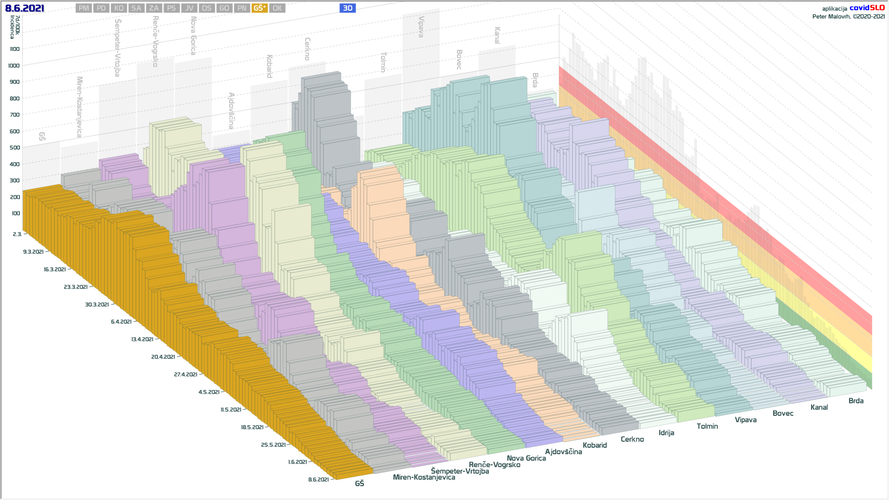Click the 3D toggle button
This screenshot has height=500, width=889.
click(347, 8)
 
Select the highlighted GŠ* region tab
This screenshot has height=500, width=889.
click(260, 8)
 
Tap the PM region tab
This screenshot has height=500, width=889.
click(84, 8)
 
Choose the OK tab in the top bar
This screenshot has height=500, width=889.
click(277, 8)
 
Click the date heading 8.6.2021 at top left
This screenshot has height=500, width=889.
click(25, 8)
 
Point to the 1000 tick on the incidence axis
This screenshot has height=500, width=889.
click(14, 66)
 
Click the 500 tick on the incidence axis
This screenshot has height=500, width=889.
click(15, 148)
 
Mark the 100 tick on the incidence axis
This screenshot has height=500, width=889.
click(16, 213)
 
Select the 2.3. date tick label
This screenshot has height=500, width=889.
click(17, 234)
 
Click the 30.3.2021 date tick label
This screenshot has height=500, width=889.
click(97, 305)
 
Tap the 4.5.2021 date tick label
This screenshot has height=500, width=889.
click(209, 392)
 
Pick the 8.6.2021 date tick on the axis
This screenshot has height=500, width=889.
click(319, 480)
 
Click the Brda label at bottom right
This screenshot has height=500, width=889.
click(856, 401)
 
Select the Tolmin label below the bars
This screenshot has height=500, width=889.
click(707, 426)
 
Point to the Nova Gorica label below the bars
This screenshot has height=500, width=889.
click(526, 458)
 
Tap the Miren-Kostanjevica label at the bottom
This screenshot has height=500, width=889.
click(424, 477)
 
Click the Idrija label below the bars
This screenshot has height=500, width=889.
click(666, 433)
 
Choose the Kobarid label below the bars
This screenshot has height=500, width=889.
click(595, 445)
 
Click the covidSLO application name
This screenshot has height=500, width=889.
click(867, 8)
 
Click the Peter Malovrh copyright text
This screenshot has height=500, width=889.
click(848, 17)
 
